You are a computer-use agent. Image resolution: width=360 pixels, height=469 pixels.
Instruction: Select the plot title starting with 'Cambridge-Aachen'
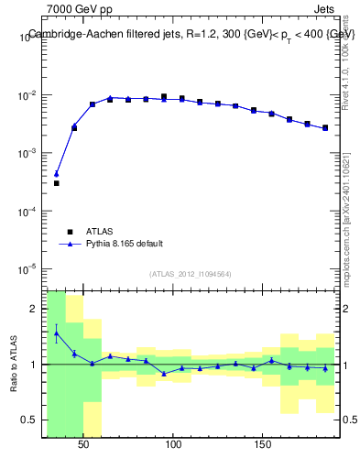pos(191,34)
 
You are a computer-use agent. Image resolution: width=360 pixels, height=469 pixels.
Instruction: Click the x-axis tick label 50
pos(84,444)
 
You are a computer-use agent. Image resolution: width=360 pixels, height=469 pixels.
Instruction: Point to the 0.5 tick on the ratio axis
pos(31,421)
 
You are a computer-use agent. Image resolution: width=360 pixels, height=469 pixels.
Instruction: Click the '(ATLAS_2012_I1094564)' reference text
pos(189,273)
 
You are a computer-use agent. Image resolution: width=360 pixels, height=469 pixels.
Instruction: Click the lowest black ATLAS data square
pos(56,183)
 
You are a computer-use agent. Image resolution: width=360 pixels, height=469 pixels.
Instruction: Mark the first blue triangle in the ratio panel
pos(56,333)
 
